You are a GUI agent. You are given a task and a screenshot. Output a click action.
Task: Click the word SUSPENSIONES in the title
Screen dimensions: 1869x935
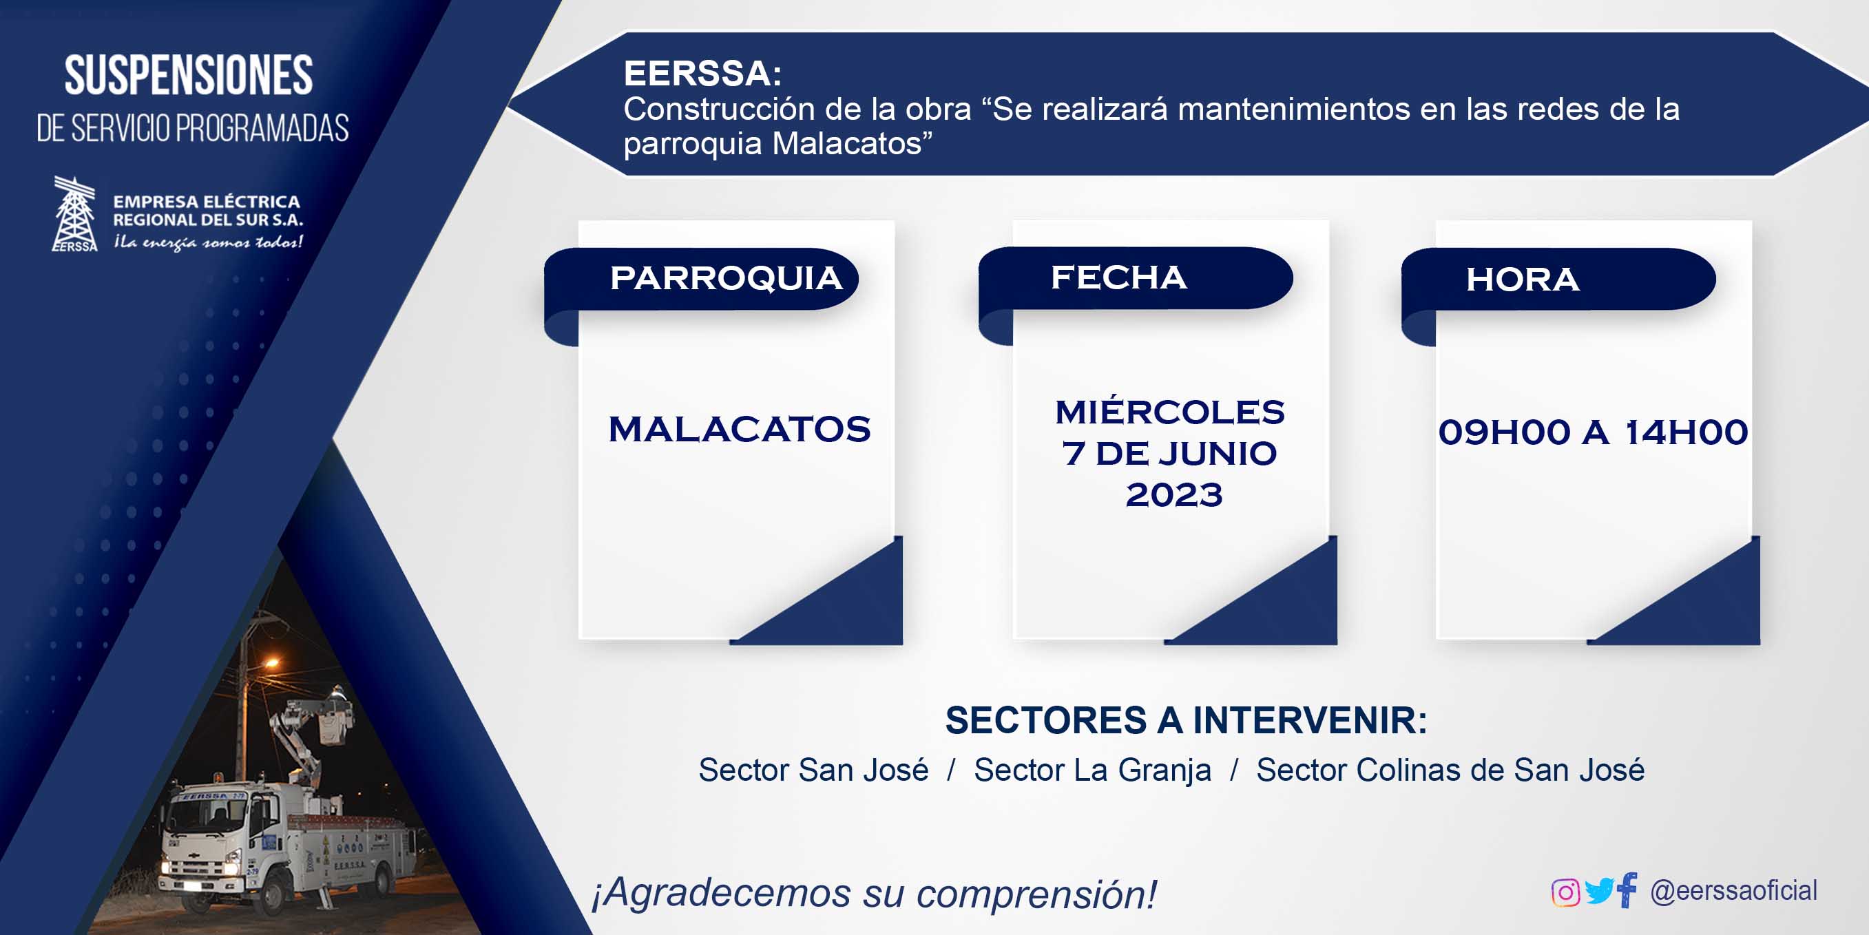189,76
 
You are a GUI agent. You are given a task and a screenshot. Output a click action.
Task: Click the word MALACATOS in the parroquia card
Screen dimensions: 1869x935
740,430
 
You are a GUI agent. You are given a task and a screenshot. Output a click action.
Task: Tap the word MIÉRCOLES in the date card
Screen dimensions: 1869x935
1169,412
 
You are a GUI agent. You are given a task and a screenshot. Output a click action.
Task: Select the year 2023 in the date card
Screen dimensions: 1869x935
1174,496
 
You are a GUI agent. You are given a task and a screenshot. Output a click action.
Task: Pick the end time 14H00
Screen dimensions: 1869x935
1686,432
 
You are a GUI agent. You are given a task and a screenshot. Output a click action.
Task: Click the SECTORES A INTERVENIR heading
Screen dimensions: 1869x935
1187,720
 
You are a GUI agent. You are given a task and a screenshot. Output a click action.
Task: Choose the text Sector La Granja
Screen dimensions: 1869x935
1093,770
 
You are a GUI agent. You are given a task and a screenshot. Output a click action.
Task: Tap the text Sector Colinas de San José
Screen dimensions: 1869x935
1450,770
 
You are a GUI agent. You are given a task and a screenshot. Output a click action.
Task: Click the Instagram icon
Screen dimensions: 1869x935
1565,892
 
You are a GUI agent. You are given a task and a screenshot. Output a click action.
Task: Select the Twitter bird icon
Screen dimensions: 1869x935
1599,892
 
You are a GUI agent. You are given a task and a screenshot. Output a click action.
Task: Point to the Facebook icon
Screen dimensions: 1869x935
1627,890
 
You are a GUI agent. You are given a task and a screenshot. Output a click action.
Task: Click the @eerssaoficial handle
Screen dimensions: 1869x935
1733,891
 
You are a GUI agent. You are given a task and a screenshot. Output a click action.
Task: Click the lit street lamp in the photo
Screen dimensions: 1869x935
271,662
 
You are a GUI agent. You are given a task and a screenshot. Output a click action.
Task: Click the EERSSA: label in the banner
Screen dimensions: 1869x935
702,73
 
